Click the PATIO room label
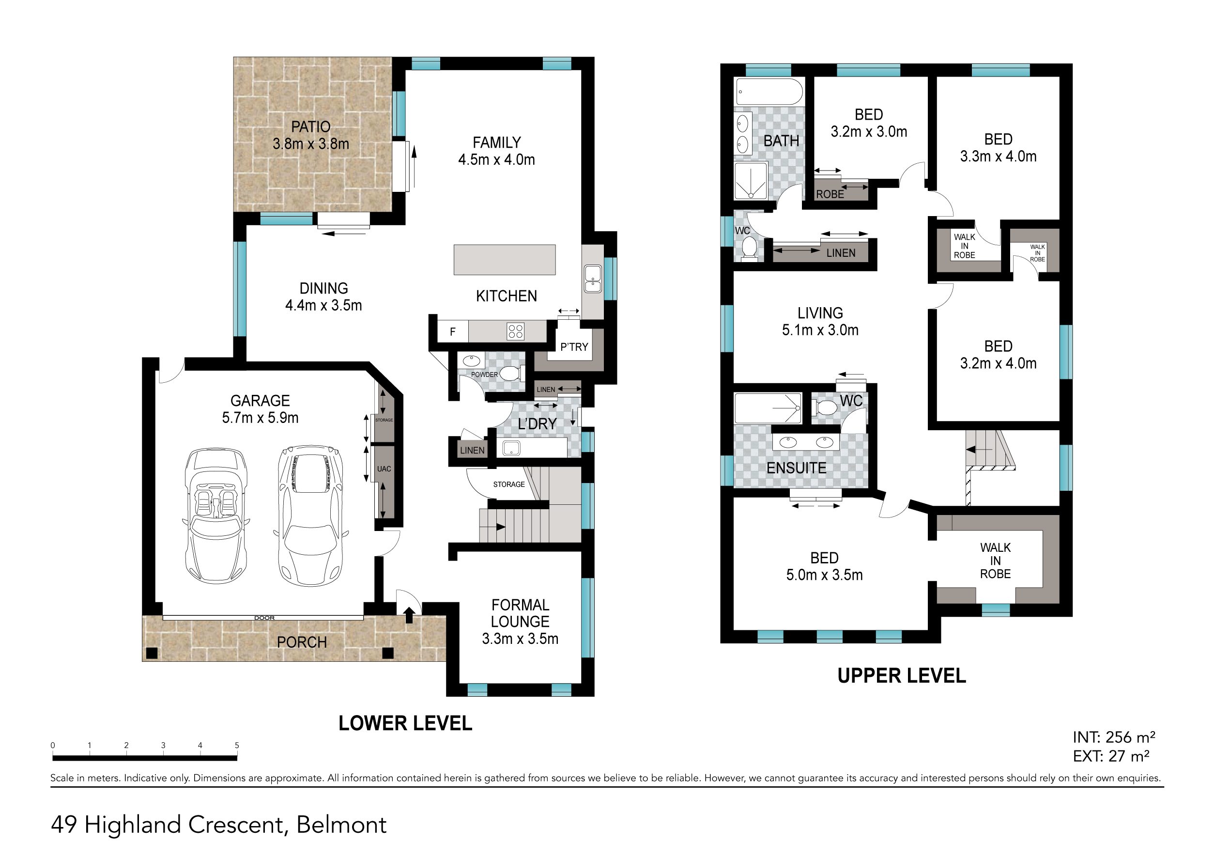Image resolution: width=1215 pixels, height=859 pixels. tap(310, 127)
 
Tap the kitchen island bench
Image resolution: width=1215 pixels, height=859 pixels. tap(504, 260)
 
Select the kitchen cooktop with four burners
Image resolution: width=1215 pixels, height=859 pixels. tap(515, 331)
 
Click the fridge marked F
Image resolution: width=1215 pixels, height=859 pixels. tap(452, 332)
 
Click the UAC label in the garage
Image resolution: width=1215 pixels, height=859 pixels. tap(384, 469)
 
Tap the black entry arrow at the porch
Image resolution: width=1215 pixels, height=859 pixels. tap(409, 615)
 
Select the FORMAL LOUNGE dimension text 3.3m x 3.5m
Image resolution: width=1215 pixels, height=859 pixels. tap(520, 639)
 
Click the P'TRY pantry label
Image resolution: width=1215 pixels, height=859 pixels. tap(574, 347)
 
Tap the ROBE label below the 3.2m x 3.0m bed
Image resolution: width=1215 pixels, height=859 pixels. tap(830, 194)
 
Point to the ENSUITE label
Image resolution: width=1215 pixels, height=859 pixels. tap(796, 468)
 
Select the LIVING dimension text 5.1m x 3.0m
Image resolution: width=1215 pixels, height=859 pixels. tap(820, 330)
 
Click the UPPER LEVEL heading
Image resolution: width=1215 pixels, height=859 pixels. tap(901, 676)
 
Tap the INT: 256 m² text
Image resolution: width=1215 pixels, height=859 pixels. tap(1113, 737)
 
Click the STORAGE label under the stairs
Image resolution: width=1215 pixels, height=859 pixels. tap(508, 484)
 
